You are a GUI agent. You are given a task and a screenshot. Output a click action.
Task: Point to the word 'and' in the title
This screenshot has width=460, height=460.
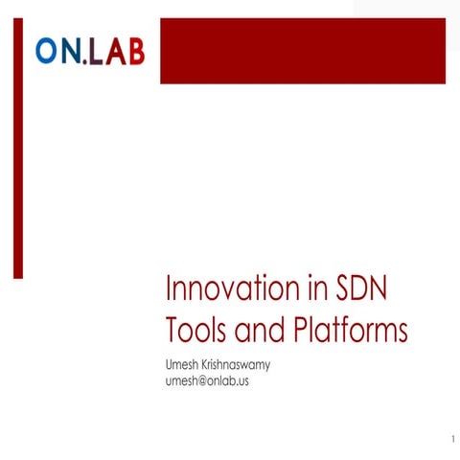[x=260, y=331]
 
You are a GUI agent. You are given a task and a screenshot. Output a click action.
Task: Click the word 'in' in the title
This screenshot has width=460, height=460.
[x=305, y=289]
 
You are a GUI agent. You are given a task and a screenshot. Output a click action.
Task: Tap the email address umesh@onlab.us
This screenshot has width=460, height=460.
[x=208, y=381]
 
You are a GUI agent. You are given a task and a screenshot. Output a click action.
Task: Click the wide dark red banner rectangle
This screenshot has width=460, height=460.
[x=309, y=51]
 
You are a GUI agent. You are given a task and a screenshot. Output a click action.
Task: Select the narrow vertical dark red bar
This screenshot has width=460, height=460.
[x=17, y=149]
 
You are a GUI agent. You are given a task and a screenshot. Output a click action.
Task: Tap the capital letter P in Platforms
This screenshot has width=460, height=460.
[x=298, y=331]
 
